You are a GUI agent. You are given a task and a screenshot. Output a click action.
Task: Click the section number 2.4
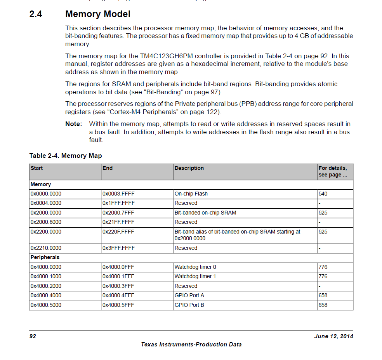point(36,14)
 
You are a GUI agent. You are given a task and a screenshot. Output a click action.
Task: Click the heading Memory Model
point(98,14)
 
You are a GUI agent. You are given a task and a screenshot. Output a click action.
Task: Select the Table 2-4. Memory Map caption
point(66,156)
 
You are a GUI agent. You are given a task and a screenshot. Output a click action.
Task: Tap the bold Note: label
point(74,124)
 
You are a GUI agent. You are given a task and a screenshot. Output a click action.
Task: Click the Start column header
point(37,168)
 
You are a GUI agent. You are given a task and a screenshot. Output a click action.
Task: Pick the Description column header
point(189,168)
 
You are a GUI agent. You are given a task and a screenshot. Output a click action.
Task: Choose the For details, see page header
point(333,171)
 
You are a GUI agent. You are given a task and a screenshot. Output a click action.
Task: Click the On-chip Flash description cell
point(191,194)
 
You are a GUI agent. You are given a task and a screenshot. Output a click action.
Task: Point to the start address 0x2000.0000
point(46,213)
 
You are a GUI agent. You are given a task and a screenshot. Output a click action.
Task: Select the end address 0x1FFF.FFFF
point(118,203)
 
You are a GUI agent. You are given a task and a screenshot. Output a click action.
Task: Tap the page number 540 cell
point(323,194)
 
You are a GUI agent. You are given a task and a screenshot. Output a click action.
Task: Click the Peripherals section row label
point(45,258)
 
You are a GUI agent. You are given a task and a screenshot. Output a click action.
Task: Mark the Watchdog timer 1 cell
point(195,277)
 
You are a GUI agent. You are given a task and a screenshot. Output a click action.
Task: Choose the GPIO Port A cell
point(189,296)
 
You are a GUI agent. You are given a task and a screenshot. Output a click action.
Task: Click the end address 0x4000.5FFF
point(118,305)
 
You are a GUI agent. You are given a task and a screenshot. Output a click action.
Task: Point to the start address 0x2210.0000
point(46,248)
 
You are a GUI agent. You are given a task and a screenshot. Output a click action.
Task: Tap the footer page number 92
point(33,336)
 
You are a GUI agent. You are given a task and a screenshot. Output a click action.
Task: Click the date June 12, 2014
point(333,336)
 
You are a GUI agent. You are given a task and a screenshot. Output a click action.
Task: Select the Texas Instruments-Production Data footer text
point(191,344)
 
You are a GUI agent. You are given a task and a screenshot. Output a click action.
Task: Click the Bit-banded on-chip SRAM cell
point(205,213)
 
